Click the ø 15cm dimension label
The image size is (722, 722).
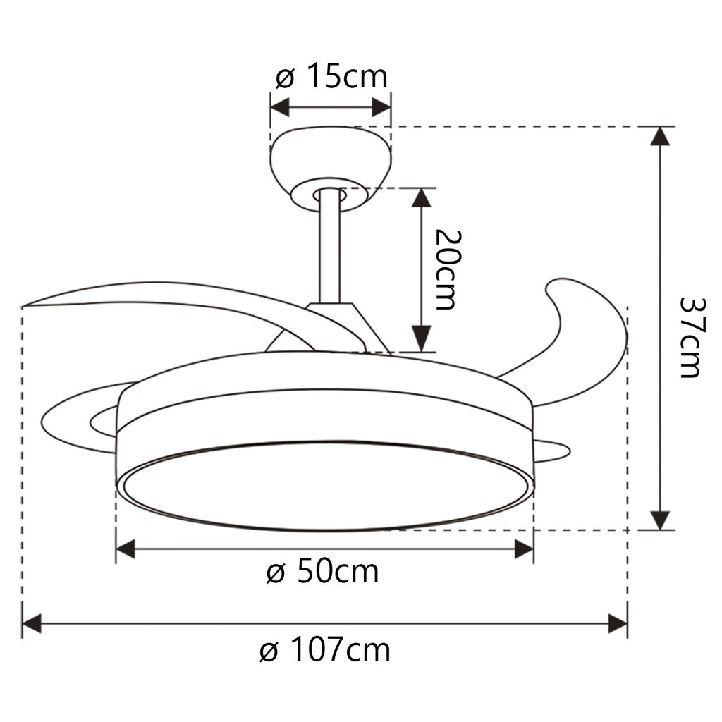tap(331, 76)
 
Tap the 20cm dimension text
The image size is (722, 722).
tap(446, 270)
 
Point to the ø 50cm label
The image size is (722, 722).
tap(323, 572)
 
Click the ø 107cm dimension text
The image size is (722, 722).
tap(324, 649)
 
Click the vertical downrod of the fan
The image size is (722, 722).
tap(329, 247)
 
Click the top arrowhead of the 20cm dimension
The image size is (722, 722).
tap(421, 197)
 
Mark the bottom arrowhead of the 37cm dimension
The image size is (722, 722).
tap(660, 520)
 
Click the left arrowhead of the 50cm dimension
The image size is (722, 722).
tap(126, 549)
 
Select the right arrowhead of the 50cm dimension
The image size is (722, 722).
tap(524, 549)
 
